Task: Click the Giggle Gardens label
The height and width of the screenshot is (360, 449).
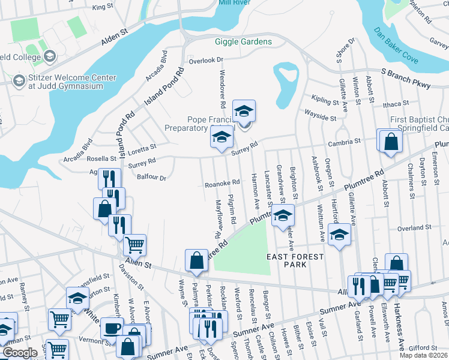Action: click(243, 41)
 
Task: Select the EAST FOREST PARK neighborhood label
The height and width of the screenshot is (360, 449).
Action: click(295, 262)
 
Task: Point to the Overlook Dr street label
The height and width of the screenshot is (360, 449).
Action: click(205, 60)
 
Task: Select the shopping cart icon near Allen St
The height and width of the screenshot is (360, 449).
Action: click(135, 244)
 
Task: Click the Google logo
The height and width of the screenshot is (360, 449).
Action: click(20, 353)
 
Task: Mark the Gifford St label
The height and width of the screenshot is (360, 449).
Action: click(423, 348)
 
